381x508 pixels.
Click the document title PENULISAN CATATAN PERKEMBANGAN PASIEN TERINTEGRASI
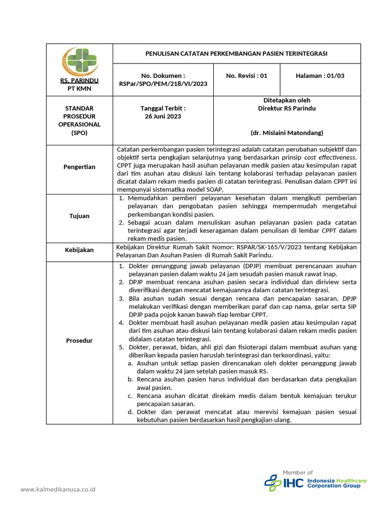[x=236, y=54]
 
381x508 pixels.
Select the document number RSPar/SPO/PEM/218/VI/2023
[x=163, y=84]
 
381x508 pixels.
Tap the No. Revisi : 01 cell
[x=247, y=76]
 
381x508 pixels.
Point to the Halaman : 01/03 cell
[x=320, y=76]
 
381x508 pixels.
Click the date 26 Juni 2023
[x=163, y=117]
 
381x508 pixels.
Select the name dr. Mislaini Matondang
[x=287, y=132]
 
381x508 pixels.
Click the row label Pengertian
[x=79, y=167]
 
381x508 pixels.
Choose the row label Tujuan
[x=79, y=216]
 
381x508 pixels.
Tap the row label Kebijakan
[x=79, y=250]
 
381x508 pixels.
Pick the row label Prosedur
[x=79, y=340]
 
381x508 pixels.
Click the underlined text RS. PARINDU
[x=79, y=80]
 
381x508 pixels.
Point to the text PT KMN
[x=79, y=88]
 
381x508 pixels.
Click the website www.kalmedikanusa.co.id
[x=58, y=490]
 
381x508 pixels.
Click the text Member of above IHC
[x=298, y=472]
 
